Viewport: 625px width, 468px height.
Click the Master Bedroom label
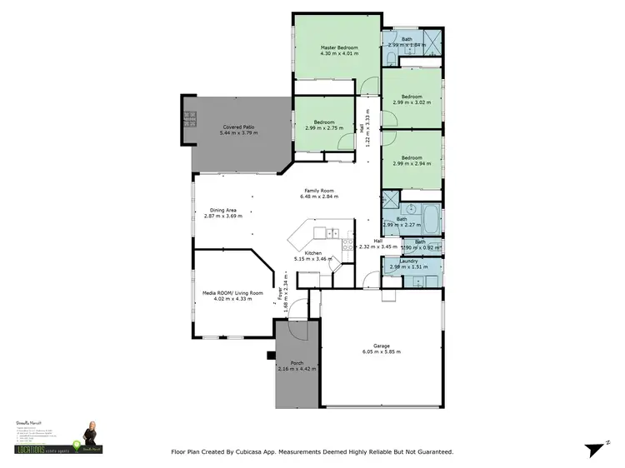coord(339,48)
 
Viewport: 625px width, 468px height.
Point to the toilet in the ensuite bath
coord(390,56)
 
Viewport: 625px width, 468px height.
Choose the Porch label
coord(296,363)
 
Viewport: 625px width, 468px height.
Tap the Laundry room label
coord(408,261)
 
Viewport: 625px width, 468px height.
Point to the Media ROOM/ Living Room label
coord(233,293)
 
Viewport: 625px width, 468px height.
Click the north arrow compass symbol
coord(593,449)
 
